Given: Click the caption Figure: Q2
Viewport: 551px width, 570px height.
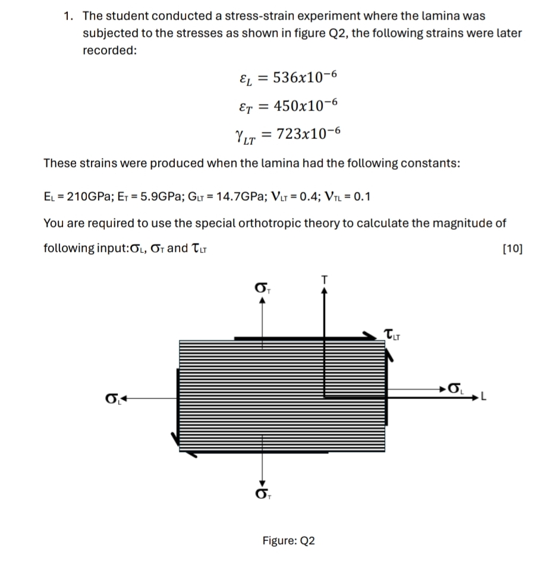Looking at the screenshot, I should point(289,541).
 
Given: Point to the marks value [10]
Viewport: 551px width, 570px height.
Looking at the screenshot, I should point(512,249).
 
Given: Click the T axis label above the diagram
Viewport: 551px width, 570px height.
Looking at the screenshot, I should point(324,279).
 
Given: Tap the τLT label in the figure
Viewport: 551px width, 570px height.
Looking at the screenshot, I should point(393,335).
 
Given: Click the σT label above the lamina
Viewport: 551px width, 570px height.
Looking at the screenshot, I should point(260,290).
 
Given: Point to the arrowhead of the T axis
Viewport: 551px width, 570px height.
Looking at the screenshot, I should point(324,290).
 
